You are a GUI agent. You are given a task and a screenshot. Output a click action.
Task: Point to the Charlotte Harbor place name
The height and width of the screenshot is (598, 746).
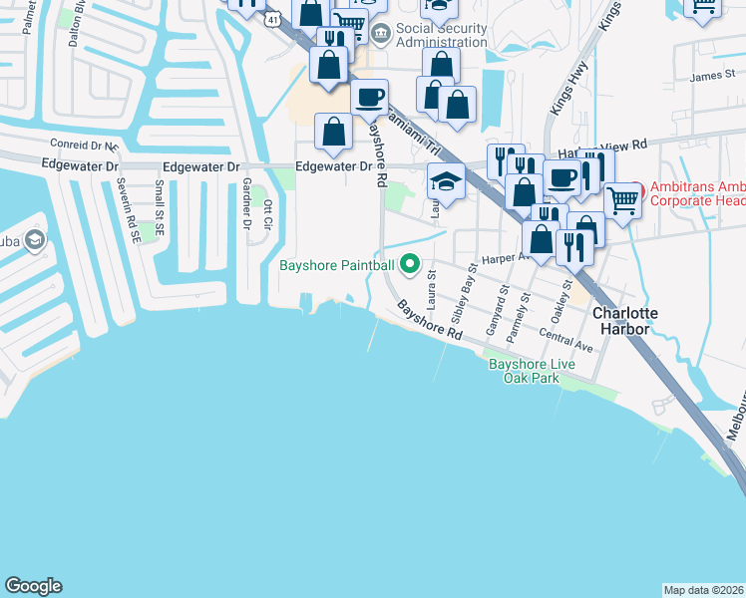pos(625,321)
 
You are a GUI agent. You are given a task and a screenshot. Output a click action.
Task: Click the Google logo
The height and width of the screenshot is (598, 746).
pos(33,586)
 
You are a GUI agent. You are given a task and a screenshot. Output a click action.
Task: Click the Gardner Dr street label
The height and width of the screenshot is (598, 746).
pos(245,203)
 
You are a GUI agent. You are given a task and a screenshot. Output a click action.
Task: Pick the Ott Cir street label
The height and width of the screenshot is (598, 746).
pos(267,214)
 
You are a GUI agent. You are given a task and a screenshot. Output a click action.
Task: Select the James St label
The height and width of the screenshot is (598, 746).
pos(710,76)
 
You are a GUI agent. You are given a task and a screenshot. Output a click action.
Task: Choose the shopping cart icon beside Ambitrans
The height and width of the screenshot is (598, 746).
pos(622,198)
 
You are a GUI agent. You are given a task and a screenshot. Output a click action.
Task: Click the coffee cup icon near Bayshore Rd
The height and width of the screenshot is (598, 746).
pos(370,97)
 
